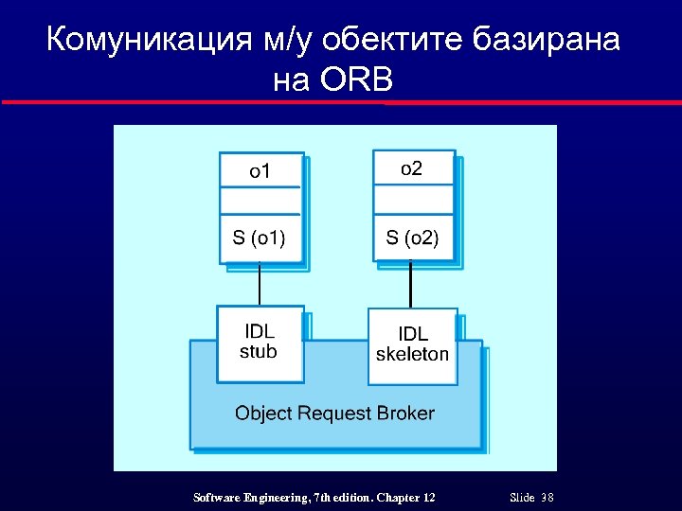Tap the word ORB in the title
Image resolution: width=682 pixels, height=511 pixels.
[357, 81]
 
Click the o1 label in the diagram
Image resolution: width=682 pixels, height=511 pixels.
[260, 171]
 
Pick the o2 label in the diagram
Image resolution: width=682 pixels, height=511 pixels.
[412, 168]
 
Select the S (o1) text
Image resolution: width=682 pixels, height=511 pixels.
[260, 237]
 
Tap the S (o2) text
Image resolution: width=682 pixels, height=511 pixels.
[412, 237]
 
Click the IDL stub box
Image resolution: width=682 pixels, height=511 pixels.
[260, 343]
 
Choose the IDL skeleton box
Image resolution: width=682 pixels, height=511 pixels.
[412, 345]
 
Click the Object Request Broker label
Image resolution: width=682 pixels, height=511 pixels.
[334, 414]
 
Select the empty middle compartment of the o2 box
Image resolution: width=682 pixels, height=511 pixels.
[413, 200]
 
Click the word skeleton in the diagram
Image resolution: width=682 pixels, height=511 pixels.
[412, 355]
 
